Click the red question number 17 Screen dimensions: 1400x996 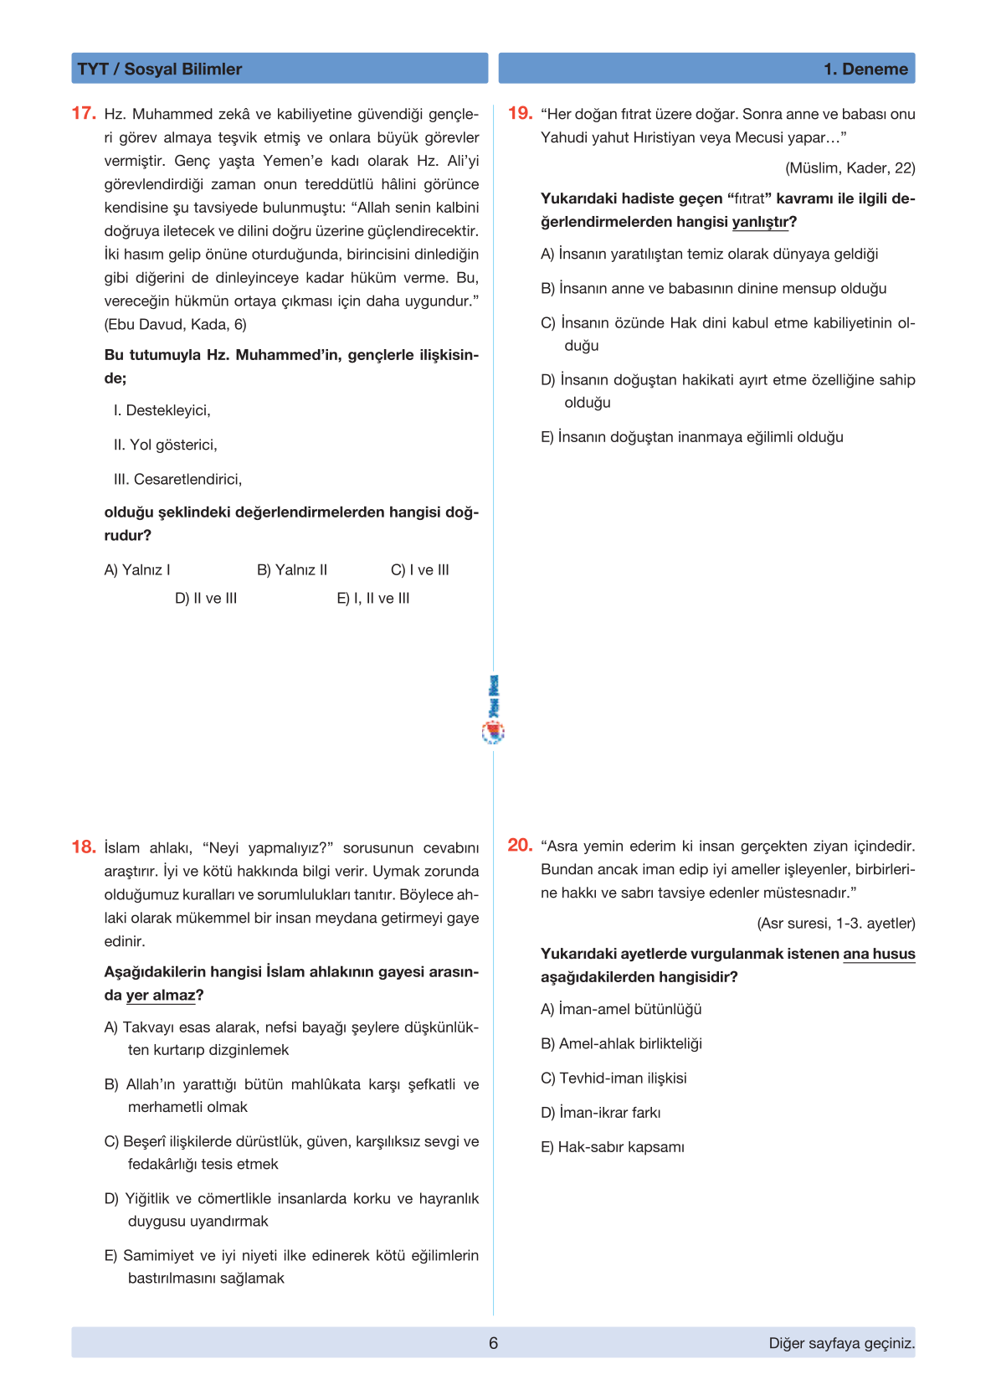(x=84, y=113)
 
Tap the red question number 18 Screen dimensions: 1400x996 (x=84, y=847)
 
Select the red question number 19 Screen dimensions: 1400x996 (x=520, y=113)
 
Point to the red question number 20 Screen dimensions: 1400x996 (x=520, y=845)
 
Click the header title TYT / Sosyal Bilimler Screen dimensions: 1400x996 (x=160, y=69)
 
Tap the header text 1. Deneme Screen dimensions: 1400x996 (x=865, y=69)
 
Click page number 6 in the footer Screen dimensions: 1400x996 (x=493, y=1343)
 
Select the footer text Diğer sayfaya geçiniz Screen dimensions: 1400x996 (x=841, y=1343)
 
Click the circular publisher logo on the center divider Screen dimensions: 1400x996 (x=494, y=733)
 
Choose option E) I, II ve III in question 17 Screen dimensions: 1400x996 (x=373, y=598)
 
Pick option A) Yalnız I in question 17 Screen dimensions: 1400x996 (x=137, y=569)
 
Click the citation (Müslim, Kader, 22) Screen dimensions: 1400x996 (x=850, y=167)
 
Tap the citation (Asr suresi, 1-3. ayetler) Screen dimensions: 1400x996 (x=835, y=923)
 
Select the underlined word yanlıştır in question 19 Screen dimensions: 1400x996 (x=760, y=222)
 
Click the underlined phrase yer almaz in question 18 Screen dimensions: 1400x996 (x=161, y=995)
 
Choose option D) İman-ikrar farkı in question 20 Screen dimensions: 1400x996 (x=601, y=1112)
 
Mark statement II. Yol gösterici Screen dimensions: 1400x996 (x=166, y=445)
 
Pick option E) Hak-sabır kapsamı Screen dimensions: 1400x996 (x=613, y=1146)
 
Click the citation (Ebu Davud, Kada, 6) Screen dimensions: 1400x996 (x=175, y=324)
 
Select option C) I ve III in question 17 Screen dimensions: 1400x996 (x=420, y=569)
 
